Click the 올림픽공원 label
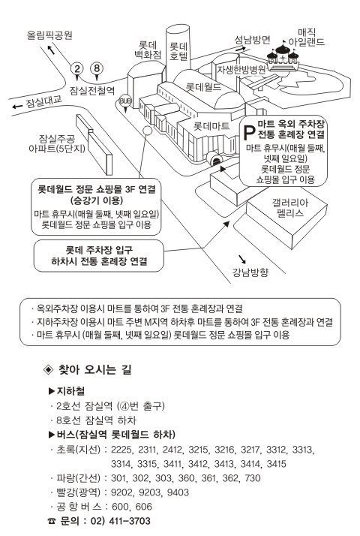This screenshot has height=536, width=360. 49,35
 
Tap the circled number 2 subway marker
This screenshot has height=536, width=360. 76,69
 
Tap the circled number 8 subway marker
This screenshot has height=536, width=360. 97,68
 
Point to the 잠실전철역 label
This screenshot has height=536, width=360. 92,91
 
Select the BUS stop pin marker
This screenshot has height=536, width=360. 125,102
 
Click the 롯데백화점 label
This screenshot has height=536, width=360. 148,50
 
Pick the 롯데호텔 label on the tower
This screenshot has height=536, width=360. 178,51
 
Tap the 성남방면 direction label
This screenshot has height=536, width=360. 253,40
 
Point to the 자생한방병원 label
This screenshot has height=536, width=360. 241,70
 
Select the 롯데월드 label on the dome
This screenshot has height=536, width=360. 203,87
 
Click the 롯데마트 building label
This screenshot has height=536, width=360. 211,126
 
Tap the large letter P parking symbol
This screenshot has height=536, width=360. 249,133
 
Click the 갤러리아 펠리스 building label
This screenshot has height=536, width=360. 290,208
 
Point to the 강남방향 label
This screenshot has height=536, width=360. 250,273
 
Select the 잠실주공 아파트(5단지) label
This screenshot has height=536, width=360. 57,143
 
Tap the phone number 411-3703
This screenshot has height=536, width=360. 130,521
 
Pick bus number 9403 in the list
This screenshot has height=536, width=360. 178,492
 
